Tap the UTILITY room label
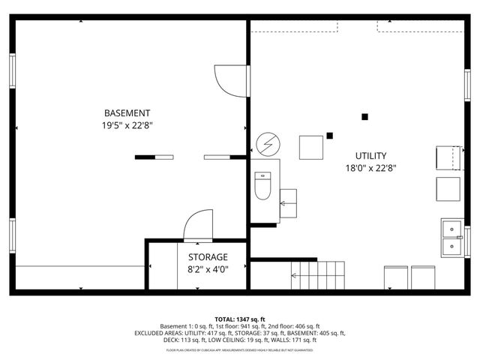point(370,156)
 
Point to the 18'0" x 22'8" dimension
point(370,169)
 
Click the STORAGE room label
point(197,256)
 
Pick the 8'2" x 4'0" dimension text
point(197,269)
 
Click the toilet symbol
point(262,186)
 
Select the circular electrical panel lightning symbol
point(265,142)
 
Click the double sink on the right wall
point(452,236)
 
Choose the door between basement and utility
point(229,79)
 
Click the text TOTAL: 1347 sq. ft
point(239,319)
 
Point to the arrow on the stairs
point(294,276)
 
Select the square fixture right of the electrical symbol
point(311,147)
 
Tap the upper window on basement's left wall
point(12,70)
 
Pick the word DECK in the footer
point(172,340)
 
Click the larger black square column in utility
point(365,116)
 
